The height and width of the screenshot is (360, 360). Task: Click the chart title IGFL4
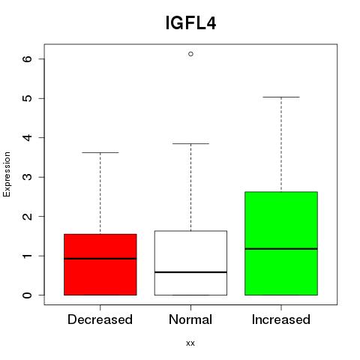(x=190, y=23)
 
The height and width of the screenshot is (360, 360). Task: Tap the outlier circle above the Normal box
(x=190, y=54)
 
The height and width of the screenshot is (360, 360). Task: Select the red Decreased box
(x=100, y=265)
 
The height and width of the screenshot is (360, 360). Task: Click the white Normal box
(x=190, y=263)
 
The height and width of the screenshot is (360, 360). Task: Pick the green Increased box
(x=281, y=244)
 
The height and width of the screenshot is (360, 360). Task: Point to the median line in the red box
(x=100, y=259)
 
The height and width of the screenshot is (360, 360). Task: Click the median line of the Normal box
(x=190, y=272)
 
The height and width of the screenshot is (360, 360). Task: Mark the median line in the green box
(x=281, y=249)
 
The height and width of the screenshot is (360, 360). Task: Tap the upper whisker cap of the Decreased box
(x=100, y=152)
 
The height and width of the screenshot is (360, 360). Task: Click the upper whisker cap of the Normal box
(x=190, y=144)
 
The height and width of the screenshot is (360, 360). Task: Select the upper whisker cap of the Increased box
(x=281, y=97)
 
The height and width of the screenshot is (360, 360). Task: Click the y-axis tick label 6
(x=28, y=59)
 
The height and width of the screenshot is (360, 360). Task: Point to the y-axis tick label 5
(x=28, y=98)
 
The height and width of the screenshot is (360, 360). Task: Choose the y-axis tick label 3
(x=28, y=177)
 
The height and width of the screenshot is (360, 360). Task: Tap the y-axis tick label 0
(x=28, y=295)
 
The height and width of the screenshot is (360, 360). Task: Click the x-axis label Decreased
(x=100, y=319)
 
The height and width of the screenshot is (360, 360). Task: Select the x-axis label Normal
(x=190, y=319)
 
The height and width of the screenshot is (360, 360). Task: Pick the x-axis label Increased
(x=281, y=319)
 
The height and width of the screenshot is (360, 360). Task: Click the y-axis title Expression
(x=7, y=174)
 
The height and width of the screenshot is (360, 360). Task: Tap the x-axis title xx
(x=190, y=343)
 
